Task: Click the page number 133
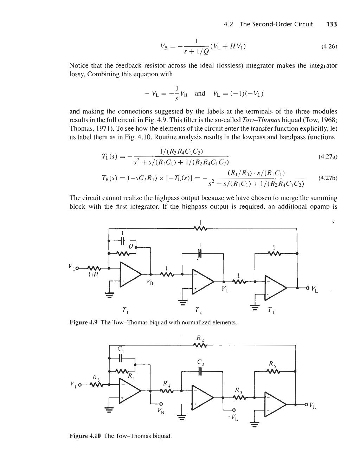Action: click(332, 24)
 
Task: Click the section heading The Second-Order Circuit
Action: click(276, 24)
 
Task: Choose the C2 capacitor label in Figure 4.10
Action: click(200, 362)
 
